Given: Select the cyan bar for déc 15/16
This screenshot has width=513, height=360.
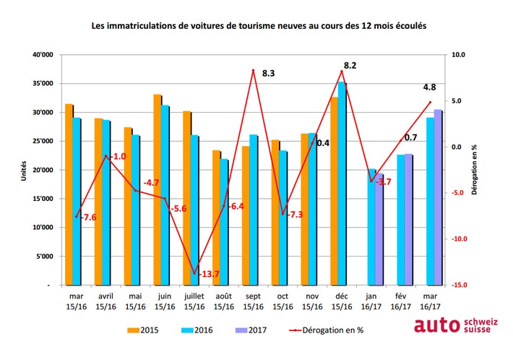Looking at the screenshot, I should pos(342,184).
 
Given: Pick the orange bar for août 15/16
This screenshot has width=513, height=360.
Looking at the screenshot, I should pos(215,218).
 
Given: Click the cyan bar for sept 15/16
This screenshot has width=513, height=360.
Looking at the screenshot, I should pos(254,210).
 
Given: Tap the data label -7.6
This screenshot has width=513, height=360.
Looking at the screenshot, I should pos(88,216).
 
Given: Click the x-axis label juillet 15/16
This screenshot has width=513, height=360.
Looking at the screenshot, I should pos(194,301).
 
